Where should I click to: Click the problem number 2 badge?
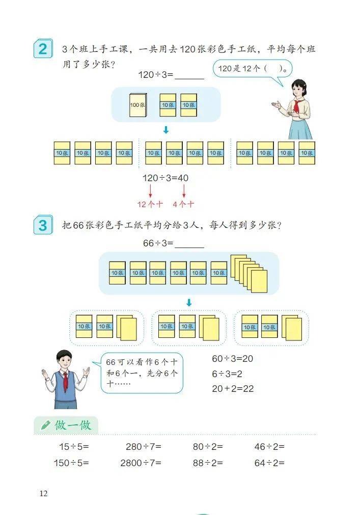click(x=43, y=49)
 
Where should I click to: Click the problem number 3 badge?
click(x=43, y=224)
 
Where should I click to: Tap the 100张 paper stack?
click(x=138, y=104)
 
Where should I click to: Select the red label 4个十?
click(x=183, y=204)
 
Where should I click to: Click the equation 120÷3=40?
click(x=165, y=178)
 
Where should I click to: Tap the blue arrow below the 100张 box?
click(x=165, y=130)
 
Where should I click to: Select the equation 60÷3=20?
click(x=232, y=358)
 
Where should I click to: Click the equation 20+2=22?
click(x=232, y=389)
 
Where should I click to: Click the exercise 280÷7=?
click(x=144, y=447)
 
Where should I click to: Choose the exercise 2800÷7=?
click(x=141, y=463)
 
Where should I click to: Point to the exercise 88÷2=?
click(x=208, y=463)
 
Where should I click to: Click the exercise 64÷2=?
click(x=269, y=463)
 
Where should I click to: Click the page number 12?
click(x=43, y=493)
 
